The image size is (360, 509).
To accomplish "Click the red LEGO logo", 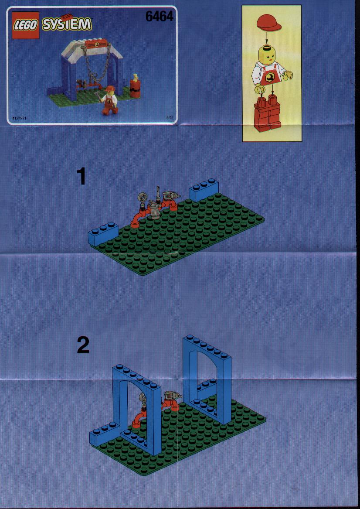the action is (26, 25).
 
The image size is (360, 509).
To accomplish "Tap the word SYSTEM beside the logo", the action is (67, 24).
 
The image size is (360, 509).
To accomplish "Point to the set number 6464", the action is (160, 16).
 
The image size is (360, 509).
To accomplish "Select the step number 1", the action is (82, 177).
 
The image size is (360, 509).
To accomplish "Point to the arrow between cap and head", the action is (267, 39).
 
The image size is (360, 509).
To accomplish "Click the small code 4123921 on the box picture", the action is (19, 119).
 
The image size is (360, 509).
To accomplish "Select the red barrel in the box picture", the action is (135, 86).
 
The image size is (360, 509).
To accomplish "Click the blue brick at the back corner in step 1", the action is (204, 189).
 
